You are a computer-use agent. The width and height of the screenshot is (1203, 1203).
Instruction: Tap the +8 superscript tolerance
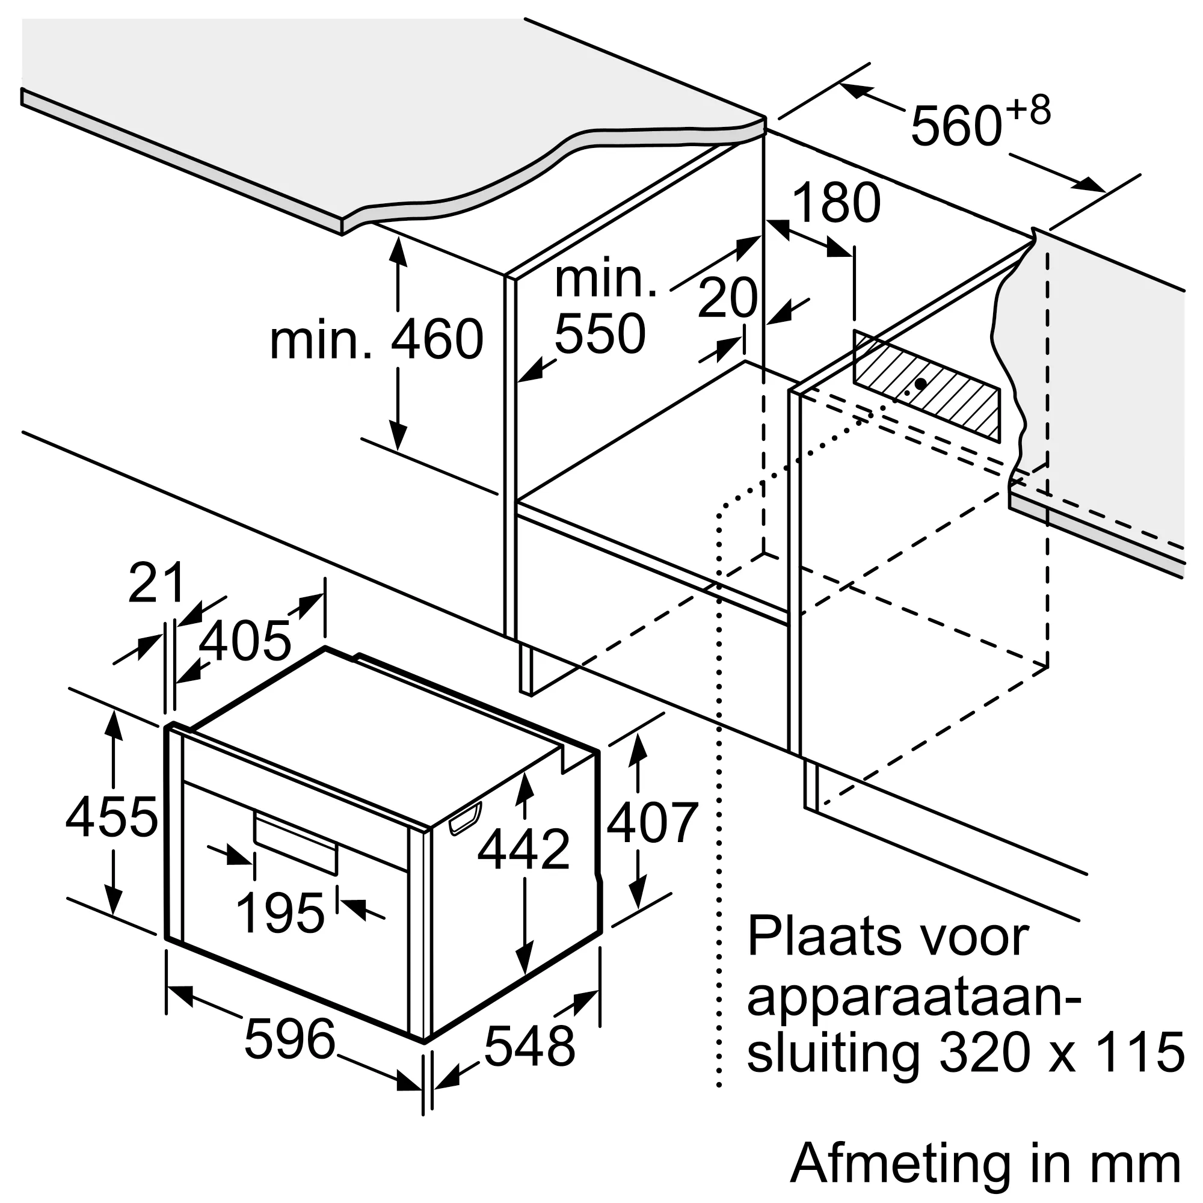coord(1028,111)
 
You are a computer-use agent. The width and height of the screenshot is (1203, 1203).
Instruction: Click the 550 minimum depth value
coord(600,334)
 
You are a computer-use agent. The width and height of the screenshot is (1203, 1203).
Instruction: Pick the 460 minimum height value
coord(437,340)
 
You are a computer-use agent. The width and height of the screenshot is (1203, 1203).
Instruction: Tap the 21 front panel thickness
coord(156,583)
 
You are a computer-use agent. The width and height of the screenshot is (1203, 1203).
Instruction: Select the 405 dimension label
coord(245,641)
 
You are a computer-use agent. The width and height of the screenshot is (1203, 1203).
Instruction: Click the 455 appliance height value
coord(112,817)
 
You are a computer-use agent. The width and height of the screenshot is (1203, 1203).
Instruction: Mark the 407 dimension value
coord(652,823)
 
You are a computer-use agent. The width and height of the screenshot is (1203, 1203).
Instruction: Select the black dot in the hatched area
coord(920,384)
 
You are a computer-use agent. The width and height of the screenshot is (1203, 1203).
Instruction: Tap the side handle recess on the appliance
coord(465,818)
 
